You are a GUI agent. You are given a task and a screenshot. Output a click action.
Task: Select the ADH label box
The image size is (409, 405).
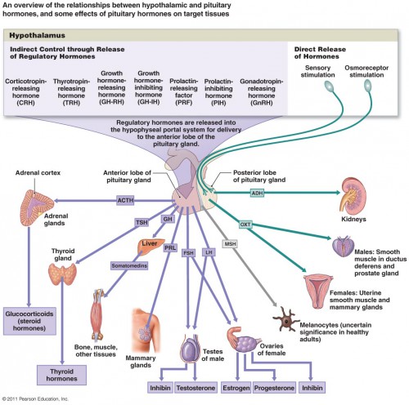[258, 192]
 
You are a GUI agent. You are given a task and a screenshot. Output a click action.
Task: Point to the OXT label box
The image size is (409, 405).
[245, 224]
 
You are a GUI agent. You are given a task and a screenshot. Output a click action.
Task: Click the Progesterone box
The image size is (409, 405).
[276, 386]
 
